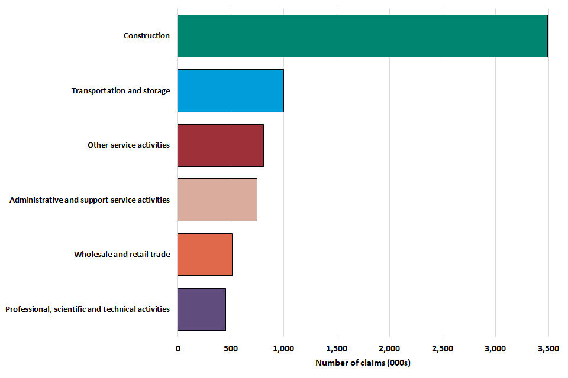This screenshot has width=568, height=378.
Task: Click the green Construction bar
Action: tap(362, 36)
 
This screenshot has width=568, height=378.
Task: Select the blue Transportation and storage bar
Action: tap(231, 90)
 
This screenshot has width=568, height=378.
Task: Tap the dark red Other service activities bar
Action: tap(221, 145)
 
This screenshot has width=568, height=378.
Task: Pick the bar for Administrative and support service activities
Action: tap(217, 200)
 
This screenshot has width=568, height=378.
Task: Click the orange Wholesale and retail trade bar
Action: tap(205, 255)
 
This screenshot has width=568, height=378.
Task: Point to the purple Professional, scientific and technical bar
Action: tap(202, 309)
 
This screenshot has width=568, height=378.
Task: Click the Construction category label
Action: tap(147, 36)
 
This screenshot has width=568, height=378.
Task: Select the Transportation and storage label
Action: tap(121, 91)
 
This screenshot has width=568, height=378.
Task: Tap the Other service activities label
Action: tap(128, 145)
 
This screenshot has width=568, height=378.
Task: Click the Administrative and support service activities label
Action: tap(90, 200)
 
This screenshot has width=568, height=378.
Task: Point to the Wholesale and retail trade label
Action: tap(122, 255)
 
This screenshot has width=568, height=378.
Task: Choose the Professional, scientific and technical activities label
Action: tap(88, 309)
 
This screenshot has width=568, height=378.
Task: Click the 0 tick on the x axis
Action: tap(178, 348)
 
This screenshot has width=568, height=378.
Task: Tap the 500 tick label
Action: tap(231, 348)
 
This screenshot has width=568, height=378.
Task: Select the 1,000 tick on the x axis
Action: tap(283, 348)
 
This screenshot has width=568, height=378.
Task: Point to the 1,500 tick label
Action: tap(337, 348)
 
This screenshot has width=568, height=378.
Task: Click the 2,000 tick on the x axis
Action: tap(389, 348)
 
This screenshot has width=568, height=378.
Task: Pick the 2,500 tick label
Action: tap(443, 348)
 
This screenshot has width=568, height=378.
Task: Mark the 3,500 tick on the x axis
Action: tap(548, 348)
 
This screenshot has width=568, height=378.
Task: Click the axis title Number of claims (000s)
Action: tap(363, 363)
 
